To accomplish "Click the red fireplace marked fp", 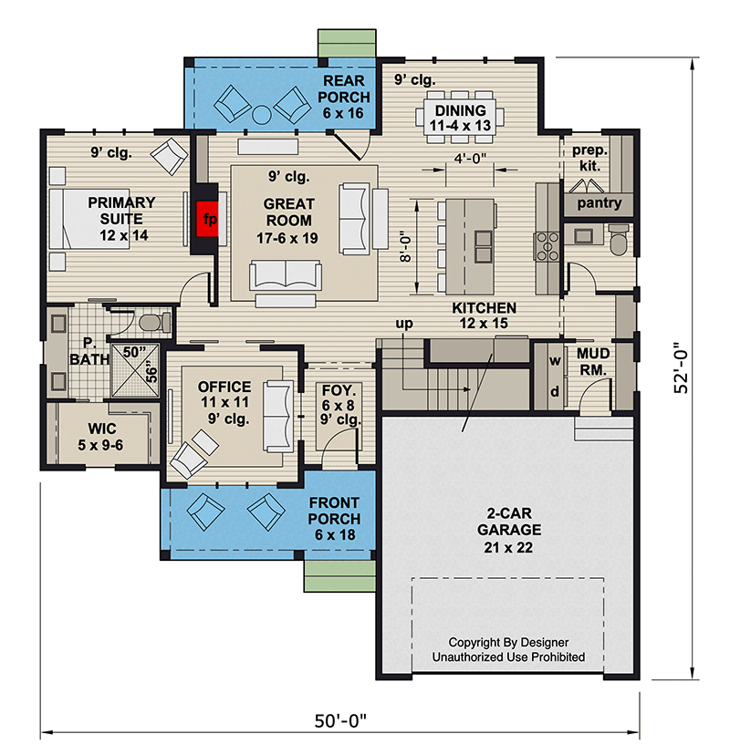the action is click(x=207, y=219).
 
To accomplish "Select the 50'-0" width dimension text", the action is click(x=340, y=721).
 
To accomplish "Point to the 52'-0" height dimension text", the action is click(x=681, y=367).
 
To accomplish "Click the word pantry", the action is click(x=599, y=202).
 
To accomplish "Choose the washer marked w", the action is click(x=555, y=360).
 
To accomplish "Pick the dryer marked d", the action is click(x=555, y=391).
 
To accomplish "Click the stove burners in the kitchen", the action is click(x=547, y=246).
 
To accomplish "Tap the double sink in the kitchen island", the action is click(x=484, y=246).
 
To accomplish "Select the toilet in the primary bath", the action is click(x=154, y=321).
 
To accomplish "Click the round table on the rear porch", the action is click(x=262, y=115).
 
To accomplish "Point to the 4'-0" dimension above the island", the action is click(x=470, y=158).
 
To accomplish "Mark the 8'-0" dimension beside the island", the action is click(x=406, y=247).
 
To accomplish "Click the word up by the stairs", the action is click(x=404, y=324).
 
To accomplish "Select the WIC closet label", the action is click(x=101, y=428).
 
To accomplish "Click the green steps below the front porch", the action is click(x=339, y=575).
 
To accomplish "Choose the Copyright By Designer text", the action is click(x=508, y=642).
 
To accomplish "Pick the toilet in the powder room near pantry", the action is click(x=618, y=239).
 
